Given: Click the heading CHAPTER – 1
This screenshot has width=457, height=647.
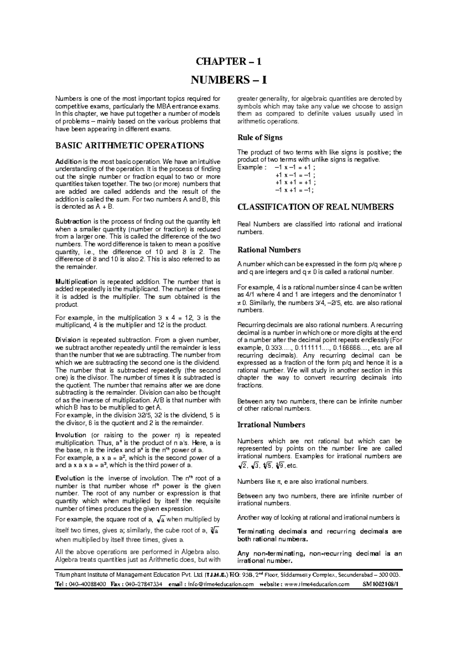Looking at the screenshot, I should tap(228, 62).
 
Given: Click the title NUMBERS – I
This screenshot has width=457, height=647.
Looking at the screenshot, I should tap(228, 80).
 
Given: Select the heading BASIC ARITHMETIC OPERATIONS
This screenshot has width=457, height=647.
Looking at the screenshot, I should tap(129, 146).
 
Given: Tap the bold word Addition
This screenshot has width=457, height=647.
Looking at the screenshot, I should tap(68, 162).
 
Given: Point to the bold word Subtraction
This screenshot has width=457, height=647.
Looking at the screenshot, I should tap(73, 221).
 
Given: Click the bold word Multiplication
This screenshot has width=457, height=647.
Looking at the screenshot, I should tap(76, 282).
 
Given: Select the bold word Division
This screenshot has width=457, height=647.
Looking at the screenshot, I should tap(68, 340).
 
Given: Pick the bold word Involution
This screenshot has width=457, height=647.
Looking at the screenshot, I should tap(71, 435).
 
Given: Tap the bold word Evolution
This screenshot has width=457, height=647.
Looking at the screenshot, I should tap(70, 478).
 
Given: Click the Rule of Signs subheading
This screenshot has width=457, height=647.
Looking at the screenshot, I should tap(260, 138).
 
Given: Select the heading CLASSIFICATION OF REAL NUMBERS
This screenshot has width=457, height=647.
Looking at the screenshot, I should tap(315, 207).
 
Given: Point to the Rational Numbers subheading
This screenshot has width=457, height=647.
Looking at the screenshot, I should tap(269, 250).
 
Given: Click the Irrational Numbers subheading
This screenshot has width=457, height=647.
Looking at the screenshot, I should tap(271, 424).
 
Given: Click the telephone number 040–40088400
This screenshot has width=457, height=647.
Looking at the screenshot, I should tap(86, 585).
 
